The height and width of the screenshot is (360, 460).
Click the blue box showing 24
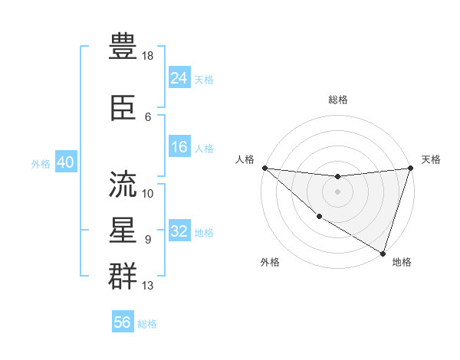(179, 77)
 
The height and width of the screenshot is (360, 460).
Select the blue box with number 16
(179, 147)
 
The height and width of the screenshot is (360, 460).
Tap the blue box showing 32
(179, 231)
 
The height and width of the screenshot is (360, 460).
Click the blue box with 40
(65, 163)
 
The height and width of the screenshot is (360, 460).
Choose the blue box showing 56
(123, 322)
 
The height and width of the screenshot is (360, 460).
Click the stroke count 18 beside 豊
(148, 56)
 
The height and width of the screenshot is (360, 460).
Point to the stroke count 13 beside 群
(148, 286)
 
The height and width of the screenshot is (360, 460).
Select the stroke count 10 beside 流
(148, 194)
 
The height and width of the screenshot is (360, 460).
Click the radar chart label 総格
(337, 100)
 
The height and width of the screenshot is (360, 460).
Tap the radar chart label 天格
(431, 159)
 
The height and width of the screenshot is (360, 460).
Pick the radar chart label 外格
(270, 262)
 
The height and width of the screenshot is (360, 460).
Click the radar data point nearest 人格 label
(264, 168)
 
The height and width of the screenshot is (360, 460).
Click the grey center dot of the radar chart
(337, 191)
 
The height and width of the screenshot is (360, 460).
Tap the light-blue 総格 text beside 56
(147, 324)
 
